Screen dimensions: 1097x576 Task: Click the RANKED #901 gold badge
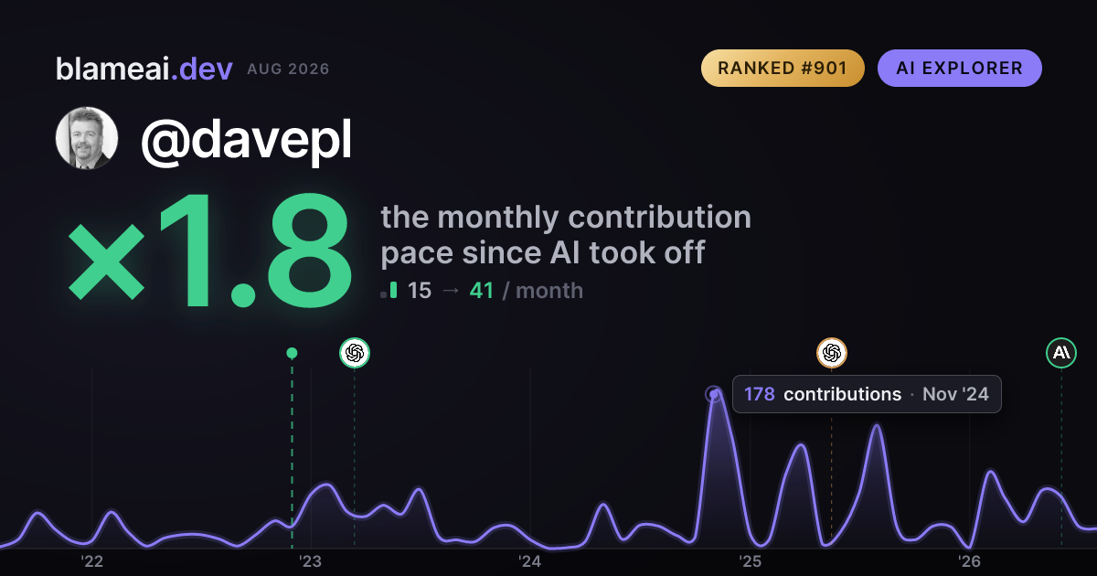pos(783,68)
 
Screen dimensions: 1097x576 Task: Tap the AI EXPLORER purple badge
pos(959,68)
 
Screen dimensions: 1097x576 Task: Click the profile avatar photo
pos(87,138)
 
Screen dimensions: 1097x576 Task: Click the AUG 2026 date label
pos(288,69)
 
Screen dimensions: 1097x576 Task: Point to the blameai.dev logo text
pos(144,69)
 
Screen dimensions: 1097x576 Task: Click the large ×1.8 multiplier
pos(210,250)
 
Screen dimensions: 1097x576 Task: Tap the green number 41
pos(482,291)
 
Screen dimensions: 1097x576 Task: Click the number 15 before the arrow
pos(420,291)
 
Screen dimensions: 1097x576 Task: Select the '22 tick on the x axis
pos(91,561)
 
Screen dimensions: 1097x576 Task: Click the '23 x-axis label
pos(311,561)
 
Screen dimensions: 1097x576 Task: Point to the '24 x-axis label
pos(530,561)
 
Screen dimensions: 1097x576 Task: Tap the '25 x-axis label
pos(750,561)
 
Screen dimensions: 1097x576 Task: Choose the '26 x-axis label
pos(969,561)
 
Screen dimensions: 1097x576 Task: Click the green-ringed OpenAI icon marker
pos(355,353)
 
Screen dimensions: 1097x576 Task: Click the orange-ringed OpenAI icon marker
pos(832,353)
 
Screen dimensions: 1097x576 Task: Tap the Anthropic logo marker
pos(1061,353)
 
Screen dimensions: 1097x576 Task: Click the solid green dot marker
pos(292,353)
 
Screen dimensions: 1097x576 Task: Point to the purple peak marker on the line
pos(714,394)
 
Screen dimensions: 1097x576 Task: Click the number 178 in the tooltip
pos(760,394)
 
